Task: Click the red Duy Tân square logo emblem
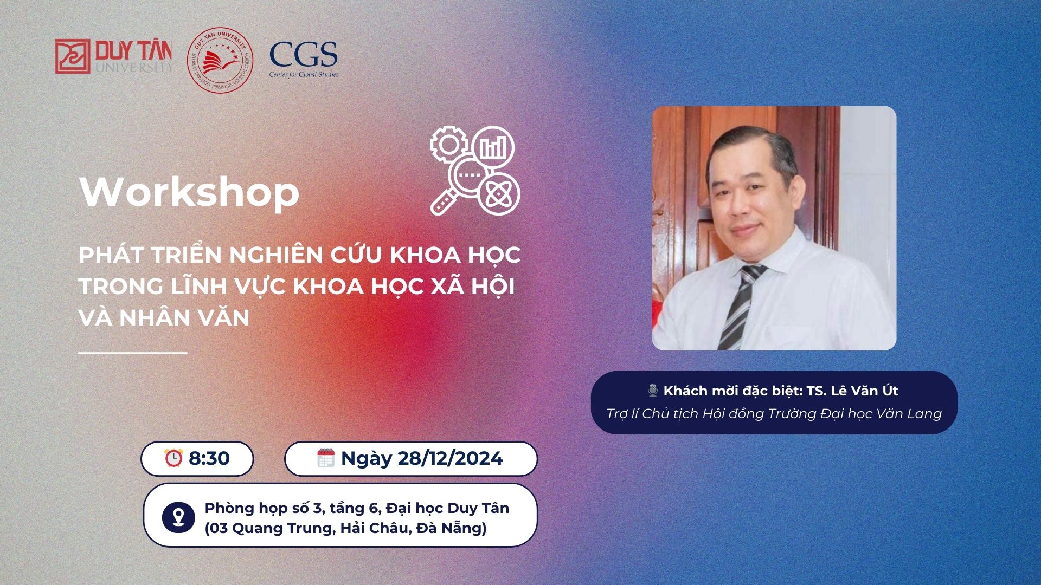tap(73, 56)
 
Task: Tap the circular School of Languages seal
tap(220, 60)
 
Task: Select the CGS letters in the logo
tap(304, 54)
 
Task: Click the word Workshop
tap(189, 192)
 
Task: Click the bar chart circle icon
tap(493, 146)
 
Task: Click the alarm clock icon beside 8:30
tap(173, 458)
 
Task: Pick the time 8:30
tap(209, 458)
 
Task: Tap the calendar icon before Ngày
tap(326, 458)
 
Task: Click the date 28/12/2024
tap(450, 458)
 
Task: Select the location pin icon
tap(178, 517)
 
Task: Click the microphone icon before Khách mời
tap(653, 391)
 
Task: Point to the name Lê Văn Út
tap(864, 391)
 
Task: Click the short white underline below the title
tap(133, 353)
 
